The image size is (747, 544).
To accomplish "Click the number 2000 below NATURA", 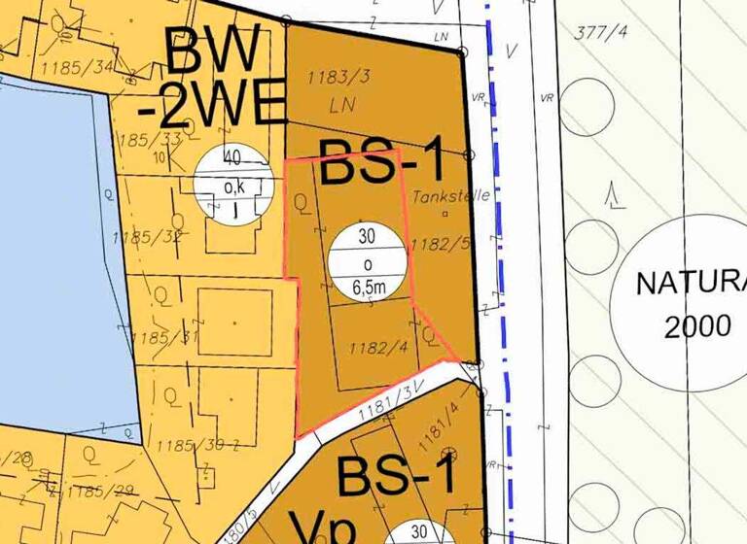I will click(x=696, y=326).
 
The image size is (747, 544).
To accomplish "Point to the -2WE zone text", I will click(x=209, y=104).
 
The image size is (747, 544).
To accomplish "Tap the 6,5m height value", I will click(x=366, y=287).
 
